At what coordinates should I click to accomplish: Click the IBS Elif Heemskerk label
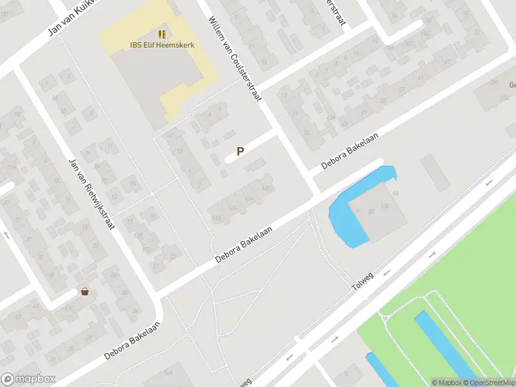162,45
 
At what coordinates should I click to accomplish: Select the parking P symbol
240,152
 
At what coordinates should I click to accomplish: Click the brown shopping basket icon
84,292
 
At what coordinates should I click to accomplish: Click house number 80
371,211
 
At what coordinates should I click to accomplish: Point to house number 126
385,206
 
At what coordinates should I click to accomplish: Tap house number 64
395,193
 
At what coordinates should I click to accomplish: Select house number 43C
265,188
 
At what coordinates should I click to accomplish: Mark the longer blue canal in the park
445,345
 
